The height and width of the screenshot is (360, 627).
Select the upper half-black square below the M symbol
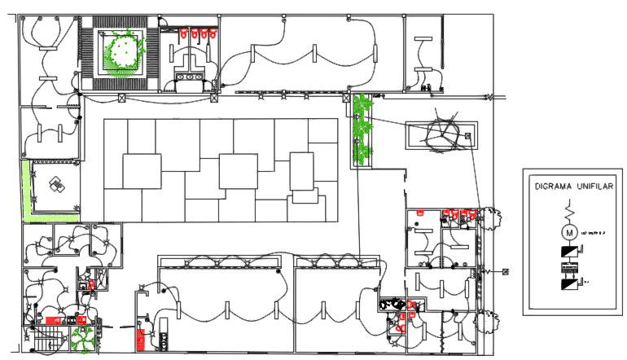569,253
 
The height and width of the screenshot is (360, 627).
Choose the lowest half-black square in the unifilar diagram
569,284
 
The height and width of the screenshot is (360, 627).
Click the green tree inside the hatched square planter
123,51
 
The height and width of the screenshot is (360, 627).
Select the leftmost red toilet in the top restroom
184,35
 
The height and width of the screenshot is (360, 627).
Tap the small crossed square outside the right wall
505,272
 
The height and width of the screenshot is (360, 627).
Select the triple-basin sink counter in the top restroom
192,77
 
